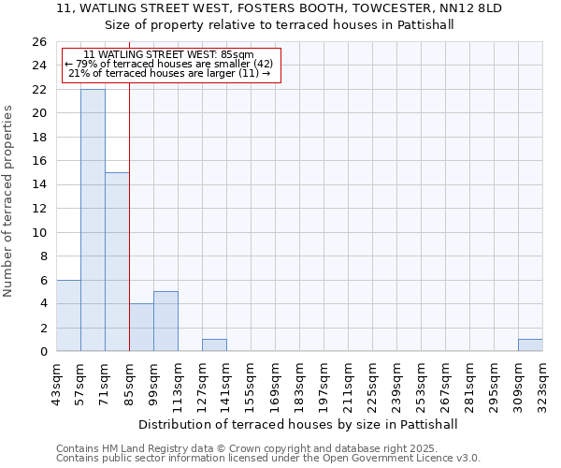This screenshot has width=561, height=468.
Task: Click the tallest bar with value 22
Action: tap(93, 220)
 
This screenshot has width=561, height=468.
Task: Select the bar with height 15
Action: tap(117, 262)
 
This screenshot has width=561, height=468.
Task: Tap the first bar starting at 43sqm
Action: tap(68, 315)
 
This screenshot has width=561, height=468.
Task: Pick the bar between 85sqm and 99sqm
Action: tap(141, 328)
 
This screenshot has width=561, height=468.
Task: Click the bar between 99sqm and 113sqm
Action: tap(165, 321)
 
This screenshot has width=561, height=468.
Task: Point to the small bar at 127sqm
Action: tap(214, 345)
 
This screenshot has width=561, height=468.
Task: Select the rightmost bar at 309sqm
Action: tap(530, 345)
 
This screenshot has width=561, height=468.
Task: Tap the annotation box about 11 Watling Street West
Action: tap(171, 66)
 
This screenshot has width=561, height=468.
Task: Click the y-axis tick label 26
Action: tap(38, 42)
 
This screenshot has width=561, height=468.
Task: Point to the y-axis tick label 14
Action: tap(38, 184)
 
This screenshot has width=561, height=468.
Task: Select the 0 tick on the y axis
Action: tap(42, 351)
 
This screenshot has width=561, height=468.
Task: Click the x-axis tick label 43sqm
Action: tap(56, 382)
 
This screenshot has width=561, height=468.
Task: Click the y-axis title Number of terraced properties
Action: tap(9, 201)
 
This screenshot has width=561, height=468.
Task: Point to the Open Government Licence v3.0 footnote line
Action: tap(268, 459)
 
